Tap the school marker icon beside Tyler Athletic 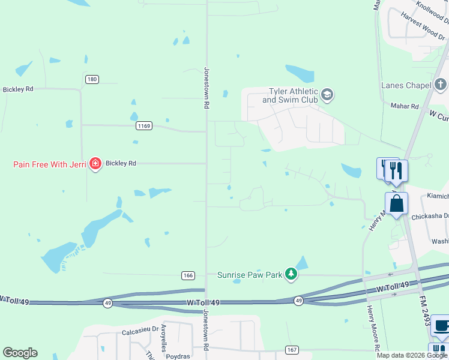(x=327, y=94)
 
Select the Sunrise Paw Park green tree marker (x=291, y=274)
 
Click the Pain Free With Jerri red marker (x=95, y=163)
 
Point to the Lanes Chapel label (x=406, y=85)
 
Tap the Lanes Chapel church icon (x=441, y=83)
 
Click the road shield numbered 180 (x=92, y=79)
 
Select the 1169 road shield (x=143, y=126)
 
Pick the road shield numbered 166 (x=188, y=275)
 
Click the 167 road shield (x=292, y=350)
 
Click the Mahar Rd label (x=406, y=106)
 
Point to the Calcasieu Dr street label (x=140, y=329)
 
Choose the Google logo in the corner (x=20, y=353)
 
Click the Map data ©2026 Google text (x=411, y=355)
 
